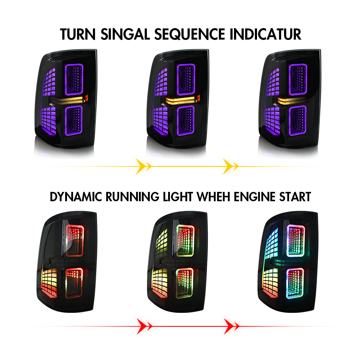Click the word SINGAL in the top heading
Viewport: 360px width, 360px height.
(x=125, y=35)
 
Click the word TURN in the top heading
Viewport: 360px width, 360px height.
(x=78, y=35)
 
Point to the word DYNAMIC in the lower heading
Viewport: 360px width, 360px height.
(x=76, y=197)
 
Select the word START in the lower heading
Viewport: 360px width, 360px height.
(x=295, y=197)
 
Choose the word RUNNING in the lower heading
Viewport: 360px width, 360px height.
(x=132, y=197)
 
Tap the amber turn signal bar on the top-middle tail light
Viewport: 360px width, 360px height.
(x=181, y=100)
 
